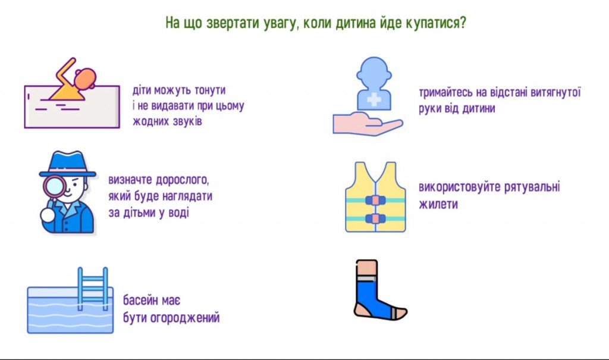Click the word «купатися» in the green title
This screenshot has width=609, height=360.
coord(435,23)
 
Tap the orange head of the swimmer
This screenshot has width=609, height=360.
coord(86,78)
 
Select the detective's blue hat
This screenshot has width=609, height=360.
coord(68,164)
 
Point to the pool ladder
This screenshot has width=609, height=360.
coord(92,289)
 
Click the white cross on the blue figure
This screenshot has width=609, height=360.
coord(373,99)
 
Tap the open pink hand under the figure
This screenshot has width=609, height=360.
coord(368,124)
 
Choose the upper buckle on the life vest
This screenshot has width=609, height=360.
coord(375,200)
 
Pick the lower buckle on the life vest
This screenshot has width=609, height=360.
coord(375,218)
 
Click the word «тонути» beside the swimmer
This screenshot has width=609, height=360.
coord(210,90)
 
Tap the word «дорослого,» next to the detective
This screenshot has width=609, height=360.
coord(183,180)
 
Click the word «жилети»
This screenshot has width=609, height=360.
coord(438,204)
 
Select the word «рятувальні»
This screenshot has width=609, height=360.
coord(532,187)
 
